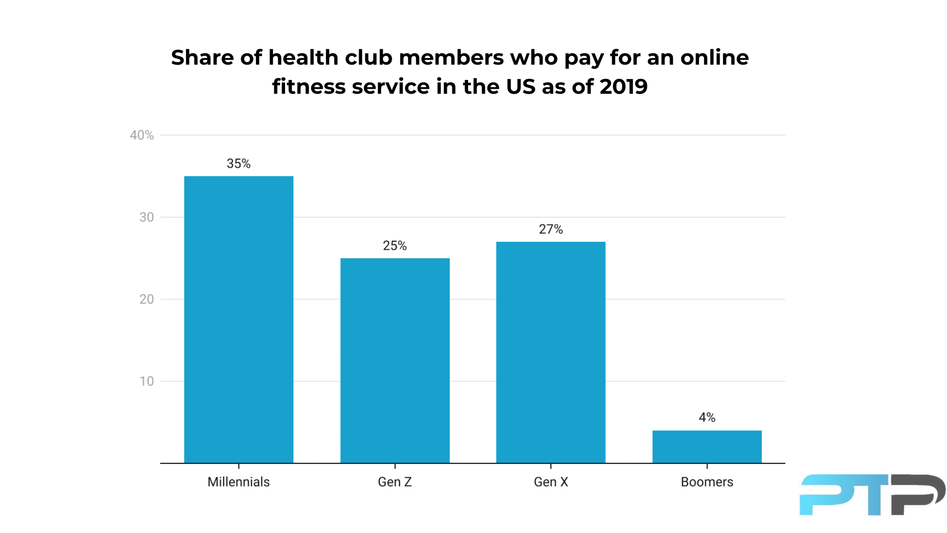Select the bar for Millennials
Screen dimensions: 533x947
[x=239, y=319]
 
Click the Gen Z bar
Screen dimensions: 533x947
[x=395, y=360]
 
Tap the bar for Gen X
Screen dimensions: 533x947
[x=550, y=352]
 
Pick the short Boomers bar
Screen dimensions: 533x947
[x=707, y=447]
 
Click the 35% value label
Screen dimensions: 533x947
[x=239, y=163]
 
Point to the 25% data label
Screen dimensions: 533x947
[x=395, y=245]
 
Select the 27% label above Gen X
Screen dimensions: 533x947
[x=550, y=229]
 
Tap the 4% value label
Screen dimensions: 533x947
[x=707, y=418]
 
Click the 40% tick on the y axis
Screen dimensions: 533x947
[x=142, y=135]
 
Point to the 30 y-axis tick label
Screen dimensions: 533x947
[x=146, y=217]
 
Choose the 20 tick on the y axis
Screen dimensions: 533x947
[x=146, y=299]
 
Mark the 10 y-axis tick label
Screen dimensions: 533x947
[x=146, y=381]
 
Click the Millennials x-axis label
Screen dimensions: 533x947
[x=239, y=482]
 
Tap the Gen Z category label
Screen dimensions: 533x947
[x=395, y=482]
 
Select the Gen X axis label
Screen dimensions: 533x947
[x=550, y=482]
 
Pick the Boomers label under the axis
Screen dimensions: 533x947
[x=707, y=482]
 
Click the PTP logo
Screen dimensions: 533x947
[x=872, y=495]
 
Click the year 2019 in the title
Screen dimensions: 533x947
[x=623, y=87]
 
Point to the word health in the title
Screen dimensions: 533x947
[x=303, y=58]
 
